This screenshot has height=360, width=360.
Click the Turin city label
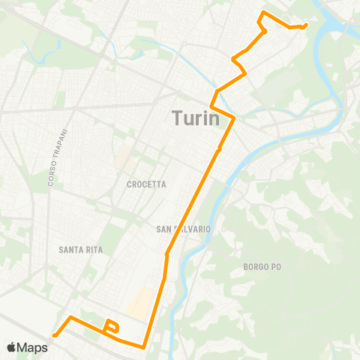pos(196,118)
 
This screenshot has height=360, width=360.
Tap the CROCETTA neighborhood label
pos(146,184)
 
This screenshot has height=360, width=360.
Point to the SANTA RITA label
pos(79,249)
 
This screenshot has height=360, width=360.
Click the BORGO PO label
pos(261,266)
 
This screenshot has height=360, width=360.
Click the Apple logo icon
pos(12,347)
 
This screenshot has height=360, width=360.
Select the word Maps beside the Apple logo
pos(34,347)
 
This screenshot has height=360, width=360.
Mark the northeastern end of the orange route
pos(306,25)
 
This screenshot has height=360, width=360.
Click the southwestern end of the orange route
pos(55,335)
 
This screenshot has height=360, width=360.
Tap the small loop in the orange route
pos(112,326)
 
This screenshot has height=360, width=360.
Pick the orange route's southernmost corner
pos(143,347)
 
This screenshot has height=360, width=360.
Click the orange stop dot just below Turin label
pos(218,150)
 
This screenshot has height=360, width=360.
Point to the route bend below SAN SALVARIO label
pos(166,255)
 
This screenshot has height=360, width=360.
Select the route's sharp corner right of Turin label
pos(235,118)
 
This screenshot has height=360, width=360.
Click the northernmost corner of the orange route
pos(263,13)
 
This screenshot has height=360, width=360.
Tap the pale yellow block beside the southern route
pos(139,304)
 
